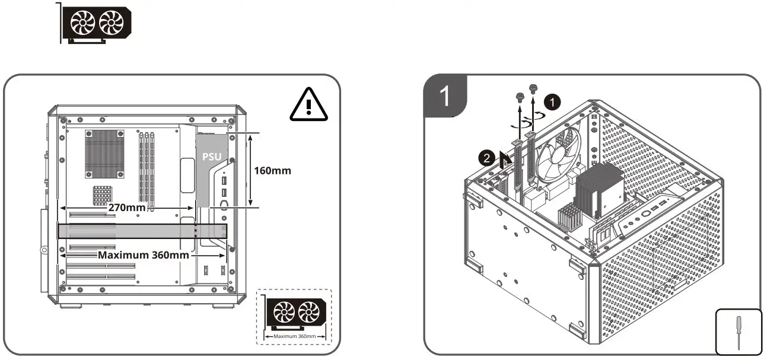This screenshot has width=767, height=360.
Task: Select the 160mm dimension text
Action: click(x=272, y=171)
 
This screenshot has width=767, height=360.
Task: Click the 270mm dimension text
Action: click(x=127, y=209)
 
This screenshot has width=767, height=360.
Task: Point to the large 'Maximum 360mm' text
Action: click(x=143, y=255)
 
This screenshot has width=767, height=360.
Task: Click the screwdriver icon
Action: click(x=738, y=331)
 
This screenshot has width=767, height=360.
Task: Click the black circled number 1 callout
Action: click(x=552, y=103)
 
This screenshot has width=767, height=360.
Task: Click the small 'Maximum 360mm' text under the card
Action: click(x=295, y=336)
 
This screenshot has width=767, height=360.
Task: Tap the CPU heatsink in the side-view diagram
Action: click(x=104, y=154)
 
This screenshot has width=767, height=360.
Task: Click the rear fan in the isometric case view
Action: click(x=558, y=155)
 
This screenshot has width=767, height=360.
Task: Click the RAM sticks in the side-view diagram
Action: click(x=147, y=167)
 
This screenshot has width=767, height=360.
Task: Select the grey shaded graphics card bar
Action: click(x=142, y=231)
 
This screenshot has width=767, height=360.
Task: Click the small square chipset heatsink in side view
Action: click(x=102, y=195)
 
